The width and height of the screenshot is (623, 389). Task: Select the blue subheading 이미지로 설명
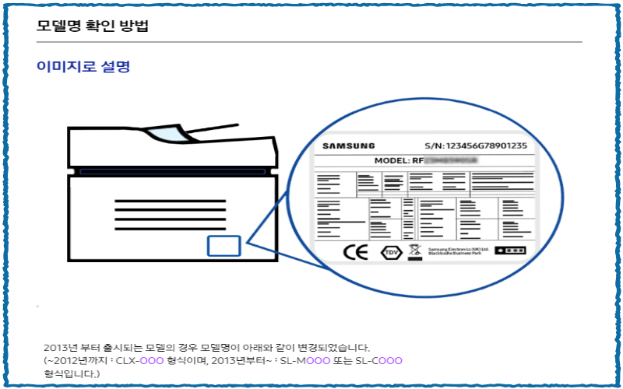83,67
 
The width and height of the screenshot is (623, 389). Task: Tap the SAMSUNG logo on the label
349,145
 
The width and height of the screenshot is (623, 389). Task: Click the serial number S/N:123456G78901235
476,145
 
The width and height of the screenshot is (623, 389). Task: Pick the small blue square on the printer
224,246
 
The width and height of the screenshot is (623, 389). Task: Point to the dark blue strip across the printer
174,170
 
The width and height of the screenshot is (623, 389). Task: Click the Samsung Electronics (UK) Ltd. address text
459,251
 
